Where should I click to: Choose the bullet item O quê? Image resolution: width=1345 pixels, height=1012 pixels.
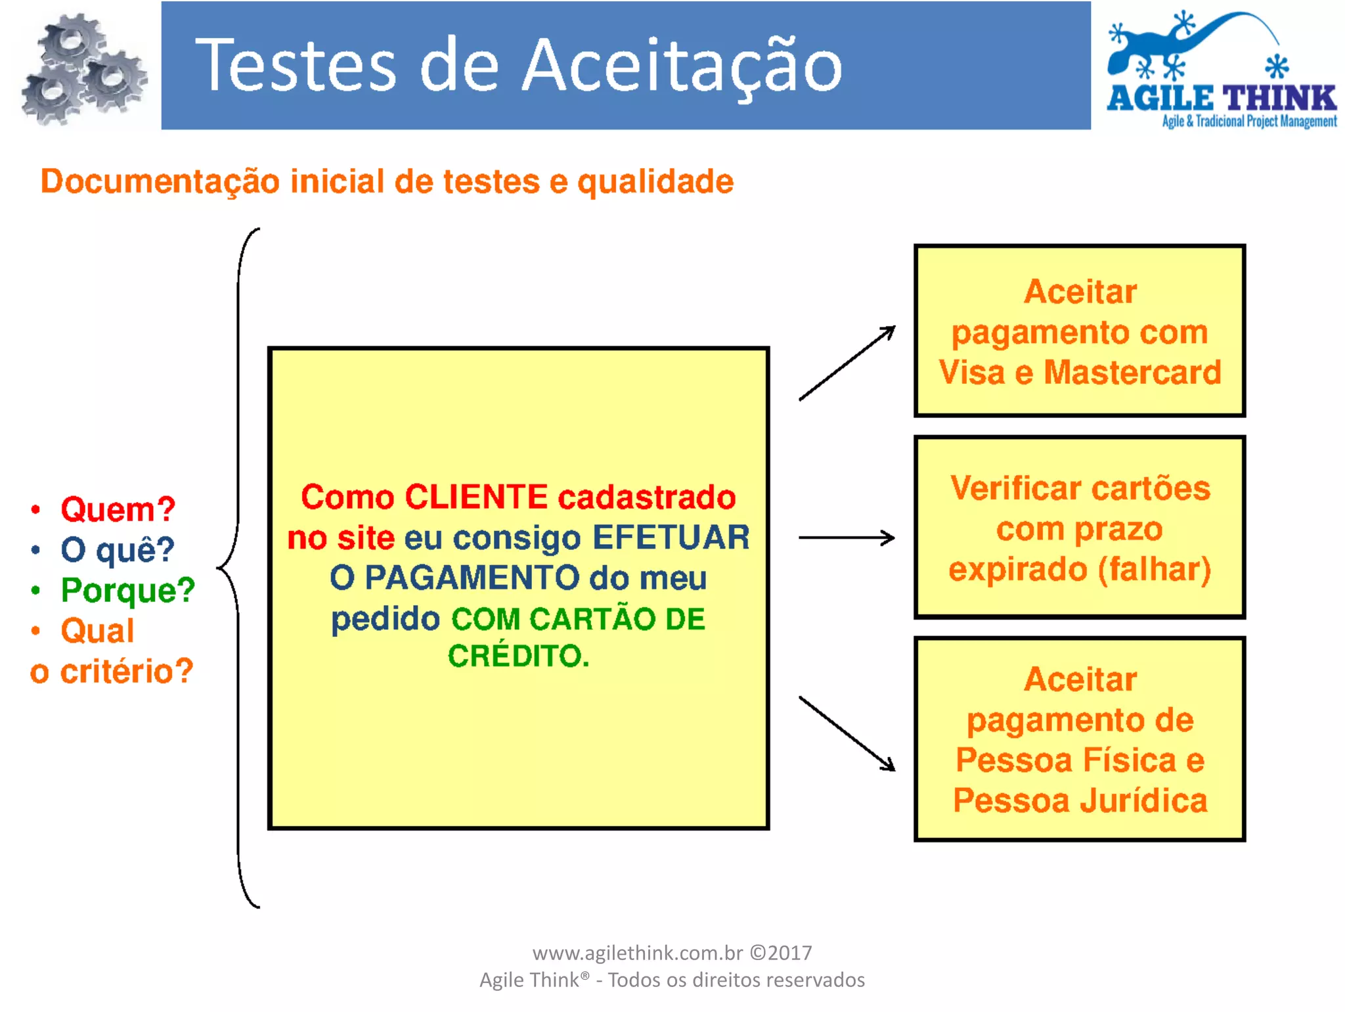pyautogui.click(x=118, y=549)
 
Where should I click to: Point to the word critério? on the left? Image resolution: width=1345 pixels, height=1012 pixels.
pyautogui.click(x=127, y=671)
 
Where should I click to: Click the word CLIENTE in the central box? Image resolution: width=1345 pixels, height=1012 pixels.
pyautogui.click(x=476, y=497)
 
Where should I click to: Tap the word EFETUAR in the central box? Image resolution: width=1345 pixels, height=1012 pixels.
pyautogui.click(x=671, y=538)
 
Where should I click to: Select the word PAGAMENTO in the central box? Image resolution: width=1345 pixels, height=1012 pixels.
pyautogui.click(x=472, y=578)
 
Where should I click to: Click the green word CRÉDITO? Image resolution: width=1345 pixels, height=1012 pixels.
pyautogui.click(x=518, y=656)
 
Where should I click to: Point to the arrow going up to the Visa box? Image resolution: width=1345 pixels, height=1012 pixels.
pyautogui.click(x=847, y=363)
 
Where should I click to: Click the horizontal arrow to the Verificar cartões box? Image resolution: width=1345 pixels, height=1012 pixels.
pyautogui.click(x=847, y=538)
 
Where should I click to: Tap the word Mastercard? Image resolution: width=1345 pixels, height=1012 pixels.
pyautogui.click(x=1132, y=372)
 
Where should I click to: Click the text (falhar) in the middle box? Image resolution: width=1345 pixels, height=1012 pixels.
pyautogui.click(x=1154, y=569)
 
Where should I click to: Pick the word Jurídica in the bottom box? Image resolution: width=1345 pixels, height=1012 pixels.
pyautogui.click(x=1143, y=800)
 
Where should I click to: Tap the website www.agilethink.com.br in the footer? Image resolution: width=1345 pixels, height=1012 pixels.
pyautogui.click(x=637, y=953)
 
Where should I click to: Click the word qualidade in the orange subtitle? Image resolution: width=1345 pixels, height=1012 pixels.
pyautogui.click(x=655, y=181)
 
